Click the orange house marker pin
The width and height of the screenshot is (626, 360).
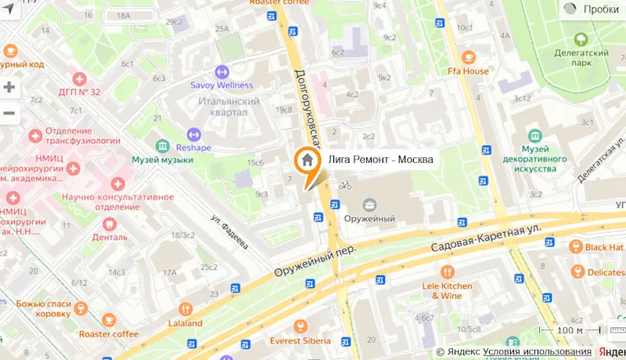tap(308, 160)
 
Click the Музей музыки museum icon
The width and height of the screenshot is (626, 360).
tap(162, 146)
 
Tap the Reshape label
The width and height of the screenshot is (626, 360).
tap(192, 147)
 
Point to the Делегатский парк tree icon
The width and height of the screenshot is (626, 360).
tap(581, 38)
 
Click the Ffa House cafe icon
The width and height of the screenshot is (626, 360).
tap(468, 56)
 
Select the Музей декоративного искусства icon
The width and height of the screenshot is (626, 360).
tap(534, 135)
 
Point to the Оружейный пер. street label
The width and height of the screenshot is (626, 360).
tap(315, 261)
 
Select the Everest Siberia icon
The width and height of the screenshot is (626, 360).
tap(300, 326)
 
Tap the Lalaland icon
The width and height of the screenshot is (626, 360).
tap(185, 308)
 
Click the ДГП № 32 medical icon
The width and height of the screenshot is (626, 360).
tap(79, 78)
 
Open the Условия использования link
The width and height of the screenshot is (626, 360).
tap(537, 352)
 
